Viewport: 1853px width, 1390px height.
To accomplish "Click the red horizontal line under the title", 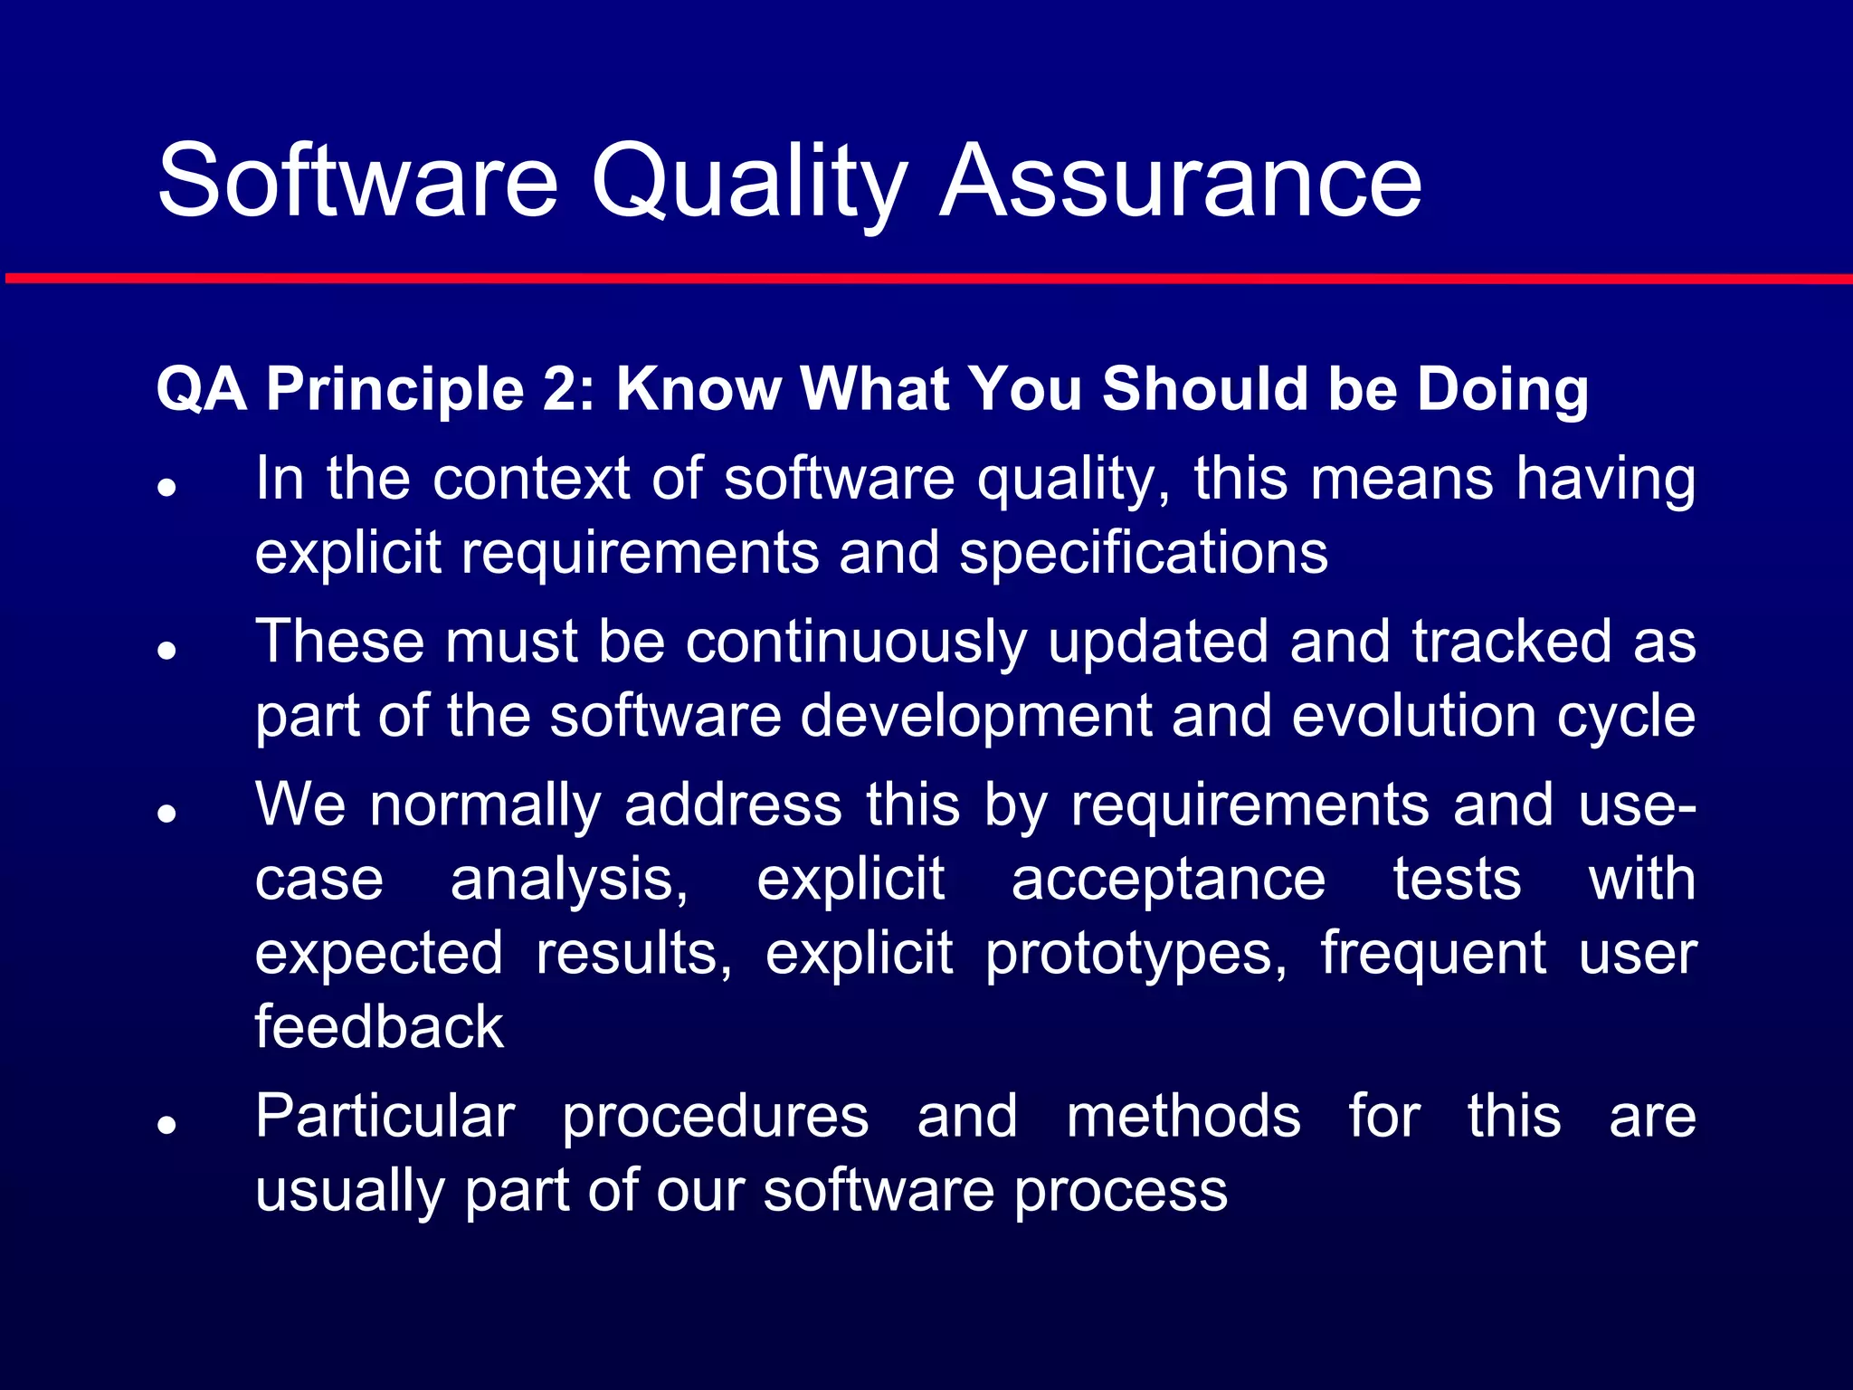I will pyautogui.click(x=926, y=279).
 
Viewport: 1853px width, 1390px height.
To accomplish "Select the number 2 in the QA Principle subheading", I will pyautogui.click(x=558, y=389).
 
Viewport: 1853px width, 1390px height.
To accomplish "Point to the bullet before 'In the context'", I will pyautogui.click(x=166, y=487).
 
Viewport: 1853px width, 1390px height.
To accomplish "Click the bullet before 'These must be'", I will pyautogui.click(x=166, y=650).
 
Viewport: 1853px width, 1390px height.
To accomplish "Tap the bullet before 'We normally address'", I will pyautogui.click(x=166, y=813).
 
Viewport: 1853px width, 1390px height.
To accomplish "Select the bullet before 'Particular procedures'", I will pyautogui.click(x=166, y=1124).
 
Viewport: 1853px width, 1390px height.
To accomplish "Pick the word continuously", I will pyautogui.click(x=856, y=642).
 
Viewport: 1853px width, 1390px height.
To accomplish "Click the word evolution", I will pyautogui.click(x=1414, y=716).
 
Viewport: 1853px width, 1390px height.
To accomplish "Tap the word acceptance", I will pyautogui.click(x=1168, y=879).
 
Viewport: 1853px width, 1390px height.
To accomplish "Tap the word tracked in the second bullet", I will pyautogui.click(x=1512, y=642).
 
